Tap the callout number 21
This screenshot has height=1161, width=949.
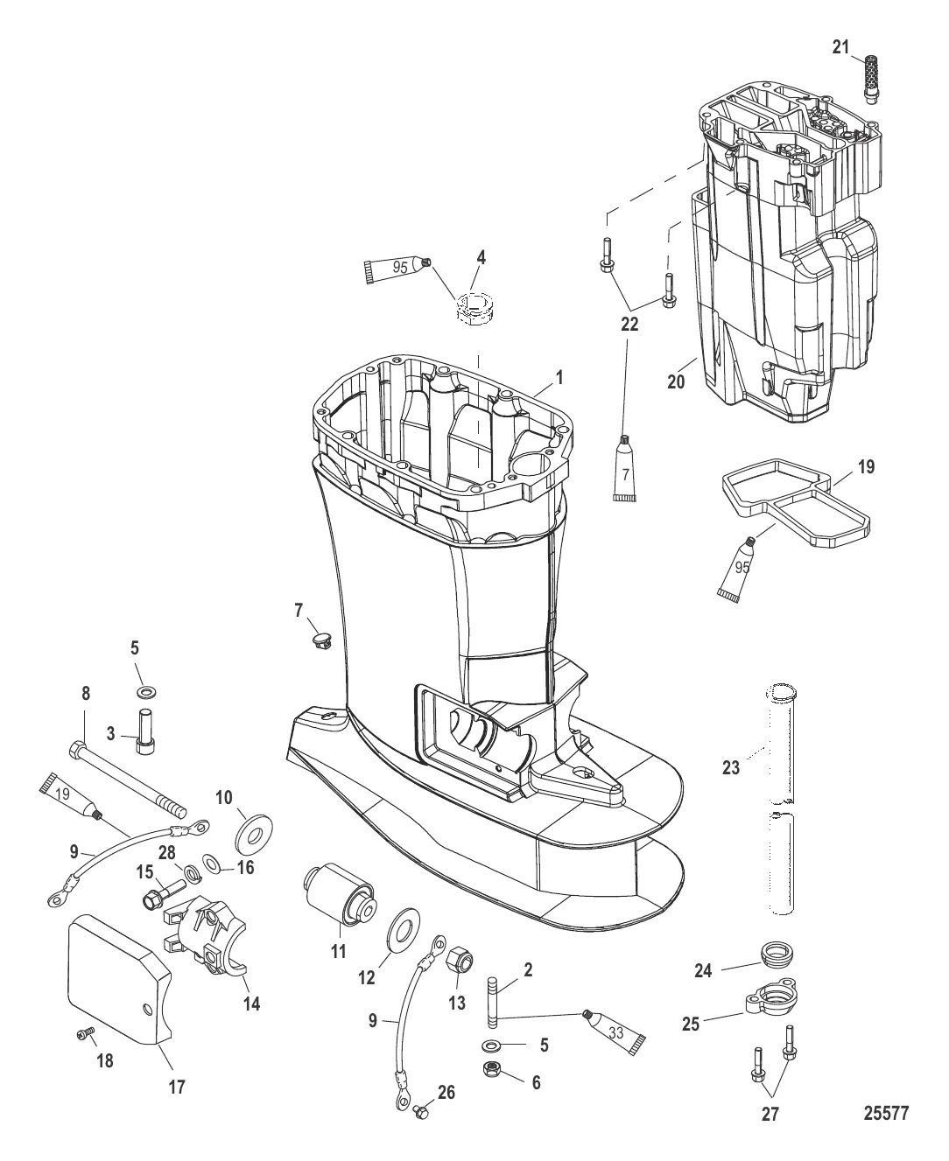tap(841, 47)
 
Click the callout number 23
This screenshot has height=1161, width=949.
tap(730, 768)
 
